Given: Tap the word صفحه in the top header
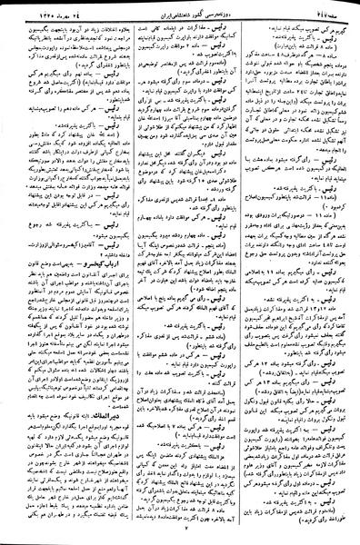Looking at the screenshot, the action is pos(325,8).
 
